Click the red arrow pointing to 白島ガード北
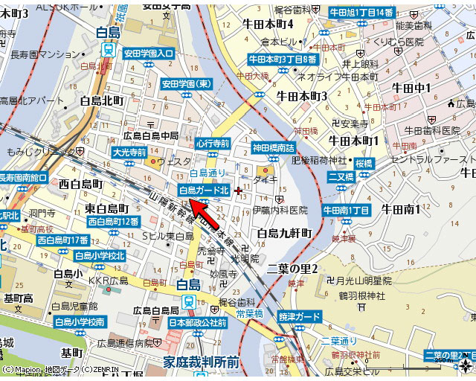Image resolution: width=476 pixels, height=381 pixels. (209, 214)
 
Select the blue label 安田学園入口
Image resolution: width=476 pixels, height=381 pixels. (149, 54)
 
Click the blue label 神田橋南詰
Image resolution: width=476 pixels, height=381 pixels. (273, 147)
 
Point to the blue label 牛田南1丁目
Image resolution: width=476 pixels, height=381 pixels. (346, 211)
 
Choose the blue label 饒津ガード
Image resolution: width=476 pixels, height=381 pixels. (300, 317)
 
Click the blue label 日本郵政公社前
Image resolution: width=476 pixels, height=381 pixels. (198, 323)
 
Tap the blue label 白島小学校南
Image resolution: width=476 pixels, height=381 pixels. (80, 321)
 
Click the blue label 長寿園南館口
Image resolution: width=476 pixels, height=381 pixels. (23, 178)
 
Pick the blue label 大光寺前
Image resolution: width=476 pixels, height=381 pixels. (128, 152)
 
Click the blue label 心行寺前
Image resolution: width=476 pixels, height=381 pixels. (212, 143)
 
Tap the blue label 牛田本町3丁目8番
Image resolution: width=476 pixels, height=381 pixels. (283, 58)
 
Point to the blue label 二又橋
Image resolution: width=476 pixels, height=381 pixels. (340, 176)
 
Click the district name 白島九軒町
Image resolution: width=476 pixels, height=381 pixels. (284, 234)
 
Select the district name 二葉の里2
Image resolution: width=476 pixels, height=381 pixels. (292, 268)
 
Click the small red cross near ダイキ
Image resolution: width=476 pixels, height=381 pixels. (238, 190)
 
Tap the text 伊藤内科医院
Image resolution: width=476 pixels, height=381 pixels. (279, 211)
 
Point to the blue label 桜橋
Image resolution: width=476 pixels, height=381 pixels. (364, 162)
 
